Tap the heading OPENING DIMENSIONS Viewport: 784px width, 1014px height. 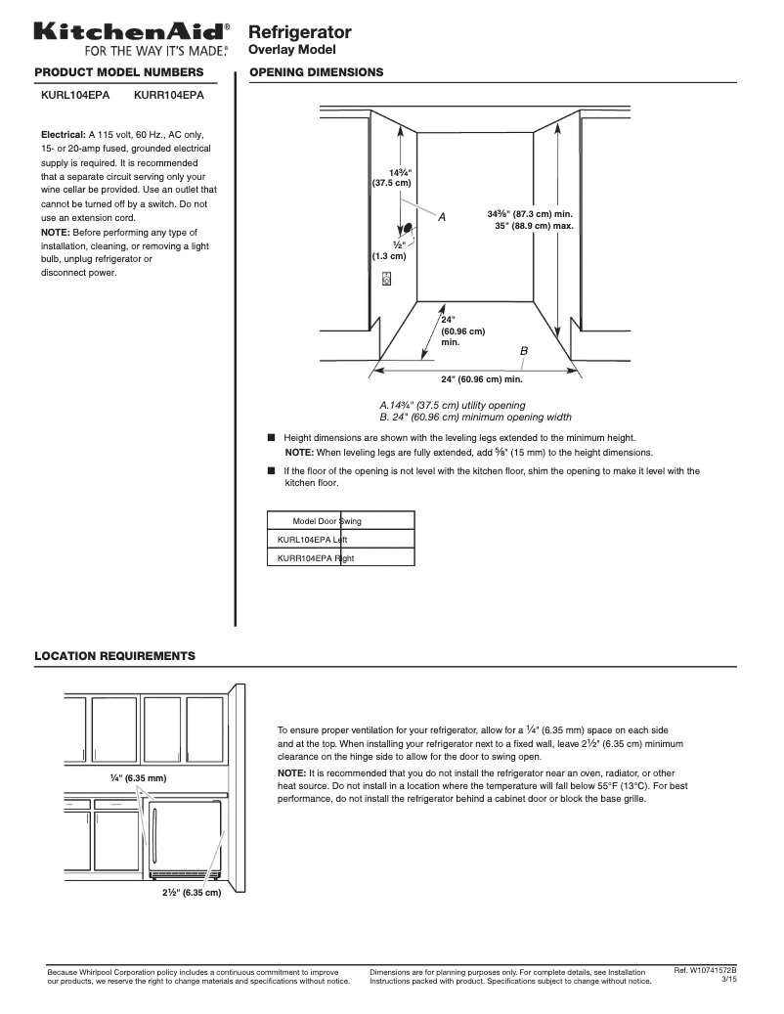317,72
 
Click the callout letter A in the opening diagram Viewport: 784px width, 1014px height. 441,217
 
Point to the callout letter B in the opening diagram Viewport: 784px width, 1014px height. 524,350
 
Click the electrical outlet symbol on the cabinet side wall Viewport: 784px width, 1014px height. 387,279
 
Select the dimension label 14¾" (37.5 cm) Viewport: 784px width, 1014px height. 392,177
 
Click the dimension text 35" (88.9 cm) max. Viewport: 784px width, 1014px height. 533,226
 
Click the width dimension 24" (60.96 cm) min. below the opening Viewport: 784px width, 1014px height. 481,379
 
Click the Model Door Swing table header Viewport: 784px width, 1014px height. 327,521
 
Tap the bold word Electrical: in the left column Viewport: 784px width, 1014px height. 64,134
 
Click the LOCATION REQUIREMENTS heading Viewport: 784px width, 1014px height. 114,655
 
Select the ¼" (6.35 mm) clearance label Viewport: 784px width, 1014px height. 139,778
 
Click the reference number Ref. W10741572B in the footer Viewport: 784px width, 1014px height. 705,970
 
